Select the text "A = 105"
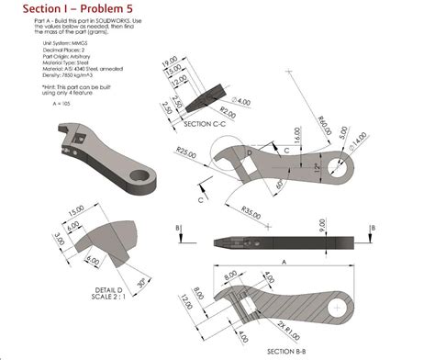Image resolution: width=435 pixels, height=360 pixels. pos(55,102)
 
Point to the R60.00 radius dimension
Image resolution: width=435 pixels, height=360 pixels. pos(322,119)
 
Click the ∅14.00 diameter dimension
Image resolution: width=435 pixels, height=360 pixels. pos(356,137)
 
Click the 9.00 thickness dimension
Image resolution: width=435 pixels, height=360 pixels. pos(322,222)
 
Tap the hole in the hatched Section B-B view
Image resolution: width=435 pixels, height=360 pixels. pos(340,306)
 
